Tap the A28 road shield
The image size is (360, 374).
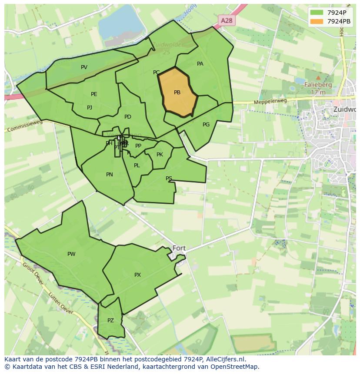coord(226,20)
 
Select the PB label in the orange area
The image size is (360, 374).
coord(177,93)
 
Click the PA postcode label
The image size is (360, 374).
coord(200,64)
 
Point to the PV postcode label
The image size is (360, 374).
coord(84,67)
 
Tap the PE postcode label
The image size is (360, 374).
coord(94,94)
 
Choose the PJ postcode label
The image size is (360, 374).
coord(90,108)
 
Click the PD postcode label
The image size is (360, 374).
coord(127,117)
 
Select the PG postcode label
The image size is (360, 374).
coord(206,125)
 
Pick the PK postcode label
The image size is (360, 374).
coord(160,155)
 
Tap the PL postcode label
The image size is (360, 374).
coord(137,165)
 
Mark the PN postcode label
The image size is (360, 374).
coord(110,175)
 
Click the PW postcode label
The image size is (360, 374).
coord(71,254)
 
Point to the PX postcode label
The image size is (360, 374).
coord(137,275)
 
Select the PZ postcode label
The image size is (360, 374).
coord(110,321)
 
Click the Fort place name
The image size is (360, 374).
coord(179,248)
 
